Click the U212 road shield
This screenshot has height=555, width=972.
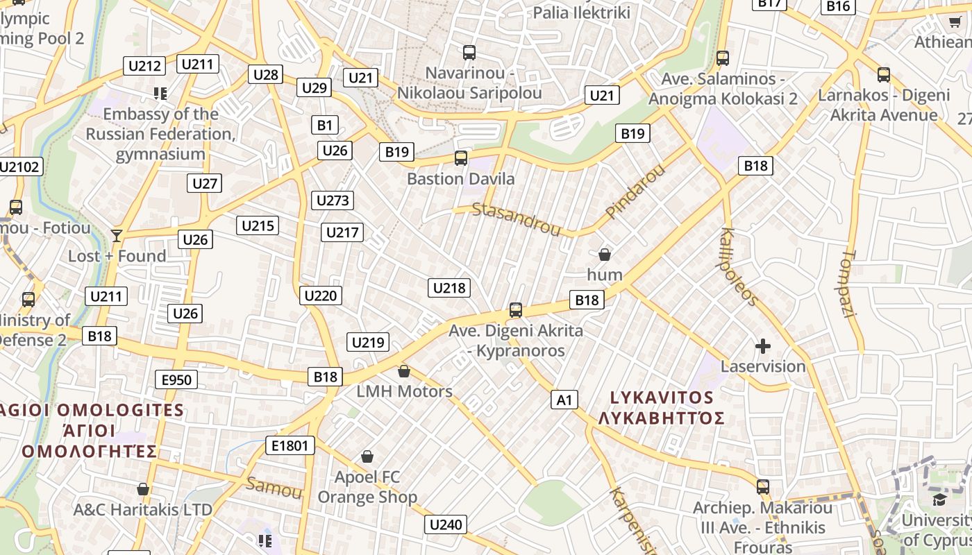[x=145, y=67]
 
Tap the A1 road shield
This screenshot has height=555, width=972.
[x=564, y=400]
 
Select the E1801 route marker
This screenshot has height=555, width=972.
[x=290, y=445]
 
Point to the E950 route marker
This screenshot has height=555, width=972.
[x=176, y=379]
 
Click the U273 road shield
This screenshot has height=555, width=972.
[x=333, y=200]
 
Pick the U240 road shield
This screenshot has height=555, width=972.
[x=446, y=524]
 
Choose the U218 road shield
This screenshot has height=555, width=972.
[x=449, y=288]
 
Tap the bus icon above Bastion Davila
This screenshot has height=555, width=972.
[x=461, y=158]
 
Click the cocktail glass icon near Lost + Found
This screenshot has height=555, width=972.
[x=117, y=236]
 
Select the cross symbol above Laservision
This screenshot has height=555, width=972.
[x=763, y=346]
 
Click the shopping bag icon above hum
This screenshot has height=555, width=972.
[x=605, y=255]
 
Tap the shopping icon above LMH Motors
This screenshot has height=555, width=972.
[x=404, y=371]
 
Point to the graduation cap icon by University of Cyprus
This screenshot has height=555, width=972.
[x=939, y=499]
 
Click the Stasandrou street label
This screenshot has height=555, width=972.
[x=516, y=219]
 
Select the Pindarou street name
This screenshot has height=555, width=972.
[x=635, y=192]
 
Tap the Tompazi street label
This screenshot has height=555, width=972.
[x=849, y=284]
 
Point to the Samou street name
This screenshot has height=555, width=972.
[x=274, y=487]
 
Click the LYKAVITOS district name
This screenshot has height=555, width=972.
[x=662, y=398]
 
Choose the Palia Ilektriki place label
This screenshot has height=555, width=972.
[x=581, y=12]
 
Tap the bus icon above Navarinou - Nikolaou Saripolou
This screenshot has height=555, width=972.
[x=469, y=53]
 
